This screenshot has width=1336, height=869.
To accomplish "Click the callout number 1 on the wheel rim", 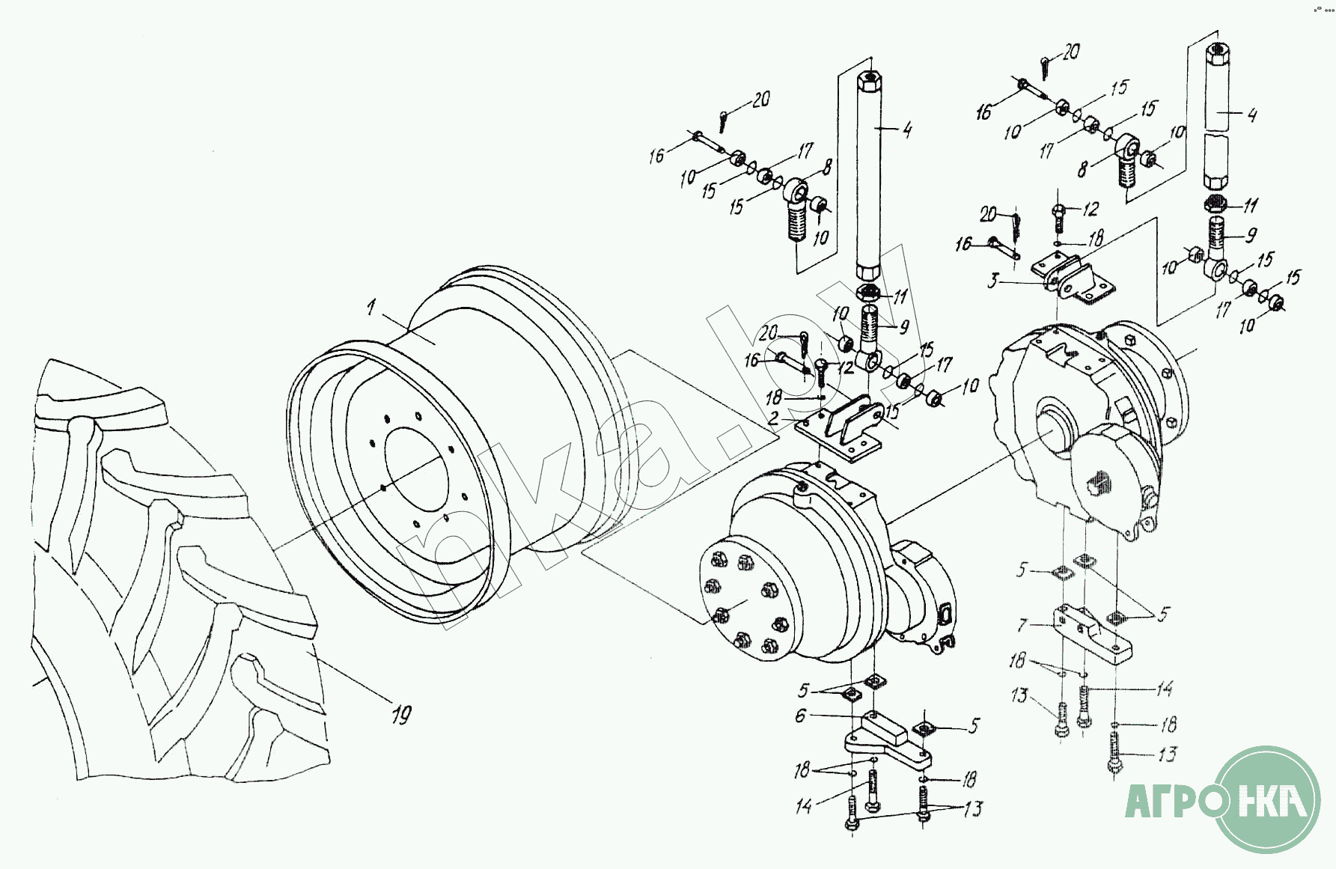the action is point(371,307).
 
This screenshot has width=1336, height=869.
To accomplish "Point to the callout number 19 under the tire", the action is point(401,715).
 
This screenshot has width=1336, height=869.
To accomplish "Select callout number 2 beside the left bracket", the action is point(773,418).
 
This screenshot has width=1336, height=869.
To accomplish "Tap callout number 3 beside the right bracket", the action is point(993,281).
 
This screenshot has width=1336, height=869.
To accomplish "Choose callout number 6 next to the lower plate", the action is point(801,716).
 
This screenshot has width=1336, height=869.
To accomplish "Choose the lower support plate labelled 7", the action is point(1093,635).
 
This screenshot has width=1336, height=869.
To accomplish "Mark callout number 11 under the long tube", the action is point(899,297).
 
